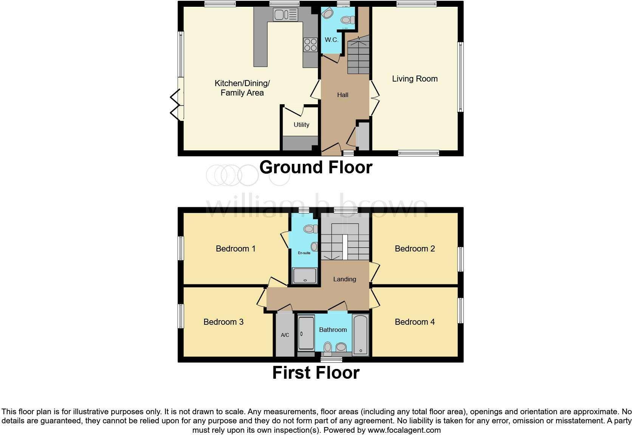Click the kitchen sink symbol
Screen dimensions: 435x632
click(x=286, y=15)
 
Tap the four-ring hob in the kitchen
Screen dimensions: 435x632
click(x=310, y=45)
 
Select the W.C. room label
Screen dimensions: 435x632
click(x=331, y=40)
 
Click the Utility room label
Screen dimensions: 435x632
click(x=301, y=125)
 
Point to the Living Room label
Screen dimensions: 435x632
click(x=415, y=79)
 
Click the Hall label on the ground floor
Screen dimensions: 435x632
click(x=342, y=95)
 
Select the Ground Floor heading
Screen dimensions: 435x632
click(x=316, y=167)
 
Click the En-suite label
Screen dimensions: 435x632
click(x=304, y=253)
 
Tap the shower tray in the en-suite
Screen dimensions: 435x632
click(x=305, y=275)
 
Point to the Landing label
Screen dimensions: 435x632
click(x=344, y=279)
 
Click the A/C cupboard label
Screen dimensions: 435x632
click(x=285, y=335)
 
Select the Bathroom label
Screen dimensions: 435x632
click(x=333, y=330)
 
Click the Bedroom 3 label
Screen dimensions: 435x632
click(x=223, y=322)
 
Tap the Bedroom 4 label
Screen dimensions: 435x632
click(x=415, y=322)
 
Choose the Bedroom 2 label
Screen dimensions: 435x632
click(x=415, y=248)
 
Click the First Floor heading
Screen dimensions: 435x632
click(x=316, y=373)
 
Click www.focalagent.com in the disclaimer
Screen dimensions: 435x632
click(x=404, y=430)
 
